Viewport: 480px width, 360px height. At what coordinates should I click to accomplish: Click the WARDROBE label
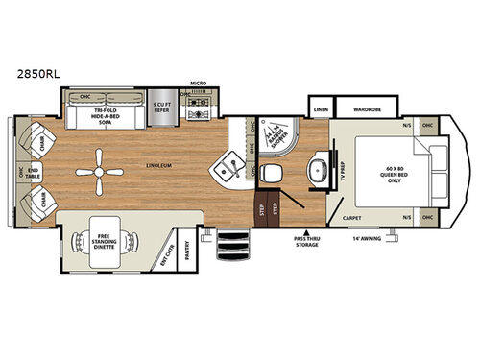(x=365, y=108)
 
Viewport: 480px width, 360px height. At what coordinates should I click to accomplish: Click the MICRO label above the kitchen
(x=198, y=84)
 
